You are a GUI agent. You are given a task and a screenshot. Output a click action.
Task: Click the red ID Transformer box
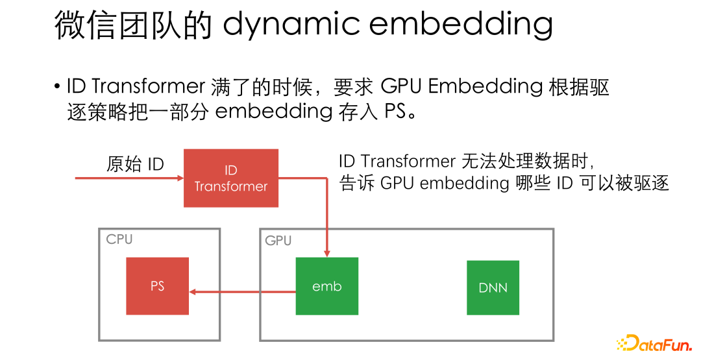231,178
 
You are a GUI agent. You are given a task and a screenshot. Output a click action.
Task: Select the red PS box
157,286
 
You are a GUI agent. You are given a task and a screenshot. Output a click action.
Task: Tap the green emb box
326,286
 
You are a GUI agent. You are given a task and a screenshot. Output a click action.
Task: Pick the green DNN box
493,287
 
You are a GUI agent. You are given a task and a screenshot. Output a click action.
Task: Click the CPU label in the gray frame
119,239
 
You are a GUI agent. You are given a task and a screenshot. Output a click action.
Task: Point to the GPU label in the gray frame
278,241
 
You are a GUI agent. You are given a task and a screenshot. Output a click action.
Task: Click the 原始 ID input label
135,164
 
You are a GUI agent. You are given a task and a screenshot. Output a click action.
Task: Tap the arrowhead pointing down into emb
326,252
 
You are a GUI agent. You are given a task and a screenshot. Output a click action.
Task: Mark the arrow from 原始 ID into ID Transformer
130,177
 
